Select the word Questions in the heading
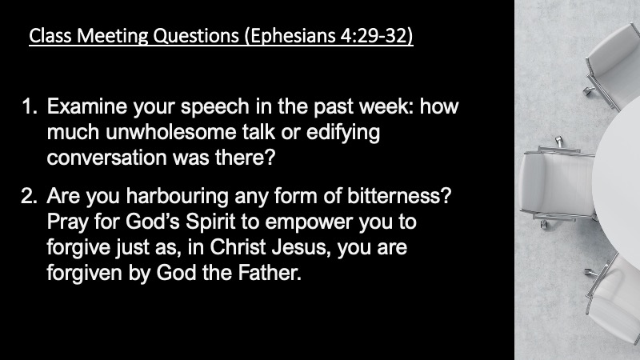point(195,36)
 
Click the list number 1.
point(29,106)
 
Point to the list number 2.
point(29,196)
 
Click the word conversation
point(107,158)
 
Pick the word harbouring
point(177,197)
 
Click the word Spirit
point(210,222)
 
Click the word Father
point(270,273)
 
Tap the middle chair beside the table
point(558,182)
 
